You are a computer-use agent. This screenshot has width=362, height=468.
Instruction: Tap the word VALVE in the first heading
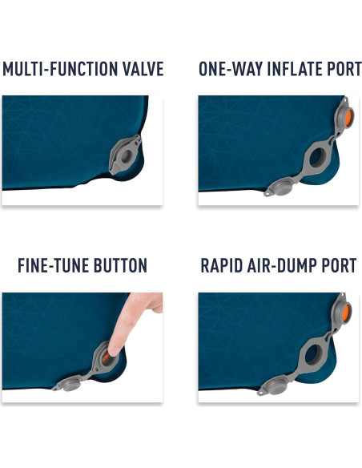[143, 69]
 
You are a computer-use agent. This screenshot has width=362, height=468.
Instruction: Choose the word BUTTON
[120, 265]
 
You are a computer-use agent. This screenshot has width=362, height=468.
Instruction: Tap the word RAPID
[222, 265]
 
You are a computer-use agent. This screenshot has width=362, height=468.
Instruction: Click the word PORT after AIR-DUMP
[339, 265]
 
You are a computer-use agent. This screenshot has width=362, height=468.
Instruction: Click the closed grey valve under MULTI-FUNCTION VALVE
[125, 155]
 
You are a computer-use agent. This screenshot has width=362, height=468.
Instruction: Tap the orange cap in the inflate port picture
[349, 115]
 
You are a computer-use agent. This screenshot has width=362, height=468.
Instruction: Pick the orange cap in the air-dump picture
[347, 312]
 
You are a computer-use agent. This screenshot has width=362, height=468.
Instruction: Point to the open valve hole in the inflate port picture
[317, 157]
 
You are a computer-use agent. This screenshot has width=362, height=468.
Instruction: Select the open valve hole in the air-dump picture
[312, 354]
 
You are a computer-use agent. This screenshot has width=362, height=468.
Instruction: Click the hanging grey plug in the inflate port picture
[280, 189]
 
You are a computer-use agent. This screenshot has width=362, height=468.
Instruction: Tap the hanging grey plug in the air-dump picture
[275, 387]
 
